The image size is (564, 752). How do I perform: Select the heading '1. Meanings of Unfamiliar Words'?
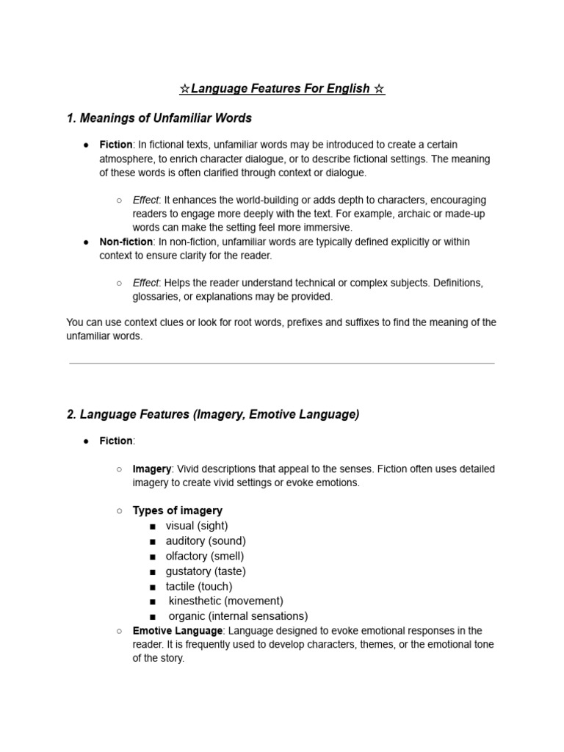coord(159,117)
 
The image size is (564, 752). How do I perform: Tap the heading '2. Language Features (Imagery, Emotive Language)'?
coord(213,414)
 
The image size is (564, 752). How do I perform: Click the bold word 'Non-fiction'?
coord(126,242)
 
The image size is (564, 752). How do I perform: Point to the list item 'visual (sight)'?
coord(197,526)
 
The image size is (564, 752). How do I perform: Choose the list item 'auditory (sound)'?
coord(206,541)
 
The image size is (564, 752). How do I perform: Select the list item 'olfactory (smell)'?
coord(205,556)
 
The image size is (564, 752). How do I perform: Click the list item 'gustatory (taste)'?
coord(206,571)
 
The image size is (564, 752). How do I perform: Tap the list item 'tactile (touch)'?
coord(199,586)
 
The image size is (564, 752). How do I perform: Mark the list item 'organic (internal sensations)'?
coord(238,616)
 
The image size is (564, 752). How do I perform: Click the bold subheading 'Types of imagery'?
coord(178,510)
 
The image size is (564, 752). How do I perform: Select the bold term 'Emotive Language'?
coord(177,631)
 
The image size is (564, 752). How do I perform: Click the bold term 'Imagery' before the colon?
coord(152,469)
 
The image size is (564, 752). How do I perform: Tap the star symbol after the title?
coord(379,89)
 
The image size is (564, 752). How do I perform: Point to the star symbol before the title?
coord(184,89)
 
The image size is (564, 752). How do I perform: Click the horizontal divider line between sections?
coord(282,363)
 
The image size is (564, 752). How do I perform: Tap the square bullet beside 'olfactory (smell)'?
coord(152,557)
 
